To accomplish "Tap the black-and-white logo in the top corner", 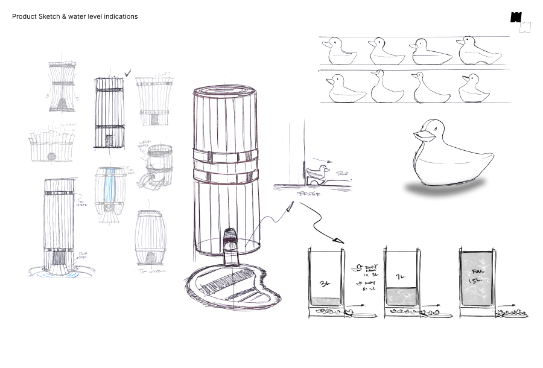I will (520, 22).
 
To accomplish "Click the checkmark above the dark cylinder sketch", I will (127, 74).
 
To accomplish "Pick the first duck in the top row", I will (338, 52).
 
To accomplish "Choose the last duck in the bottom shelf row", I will (474, 89).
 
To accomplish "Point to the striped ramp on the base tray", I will (229, 285).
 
